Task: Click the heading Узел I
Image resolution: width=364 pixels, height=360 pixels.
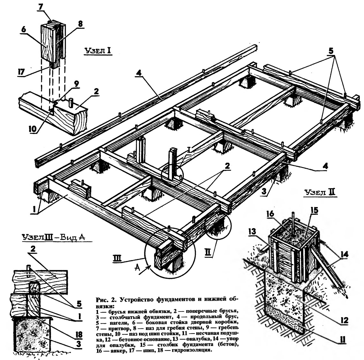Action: (x=98, y=51)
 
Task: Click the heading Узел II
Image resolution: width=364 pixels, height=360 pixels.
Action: (x=319, y=192)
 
